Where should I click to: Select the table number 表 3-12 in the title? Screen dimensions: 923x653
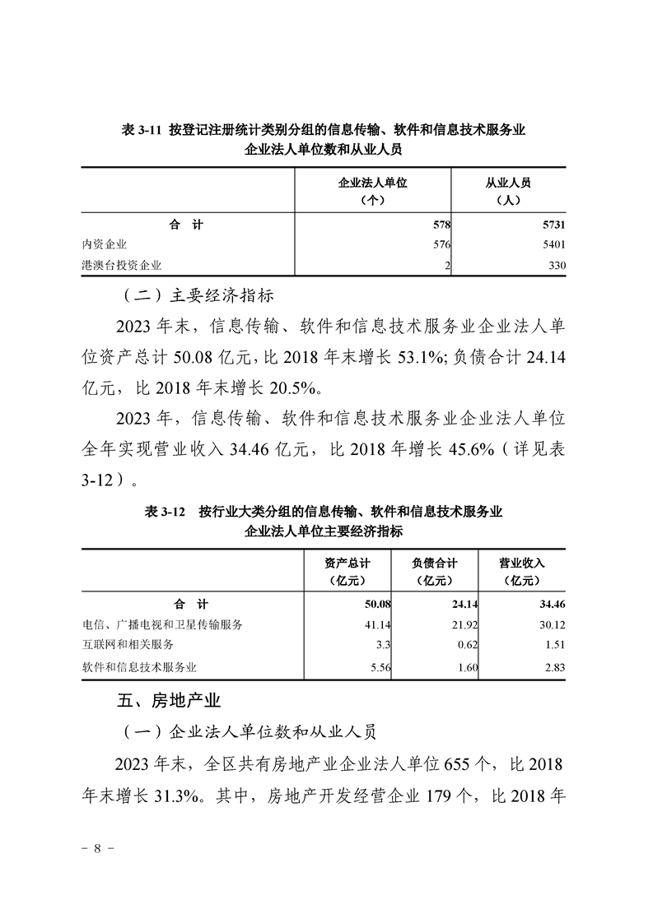click(x=164, y=512)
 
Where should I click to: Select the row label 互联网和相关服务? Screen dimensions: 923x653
click(x=128, y=645)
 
